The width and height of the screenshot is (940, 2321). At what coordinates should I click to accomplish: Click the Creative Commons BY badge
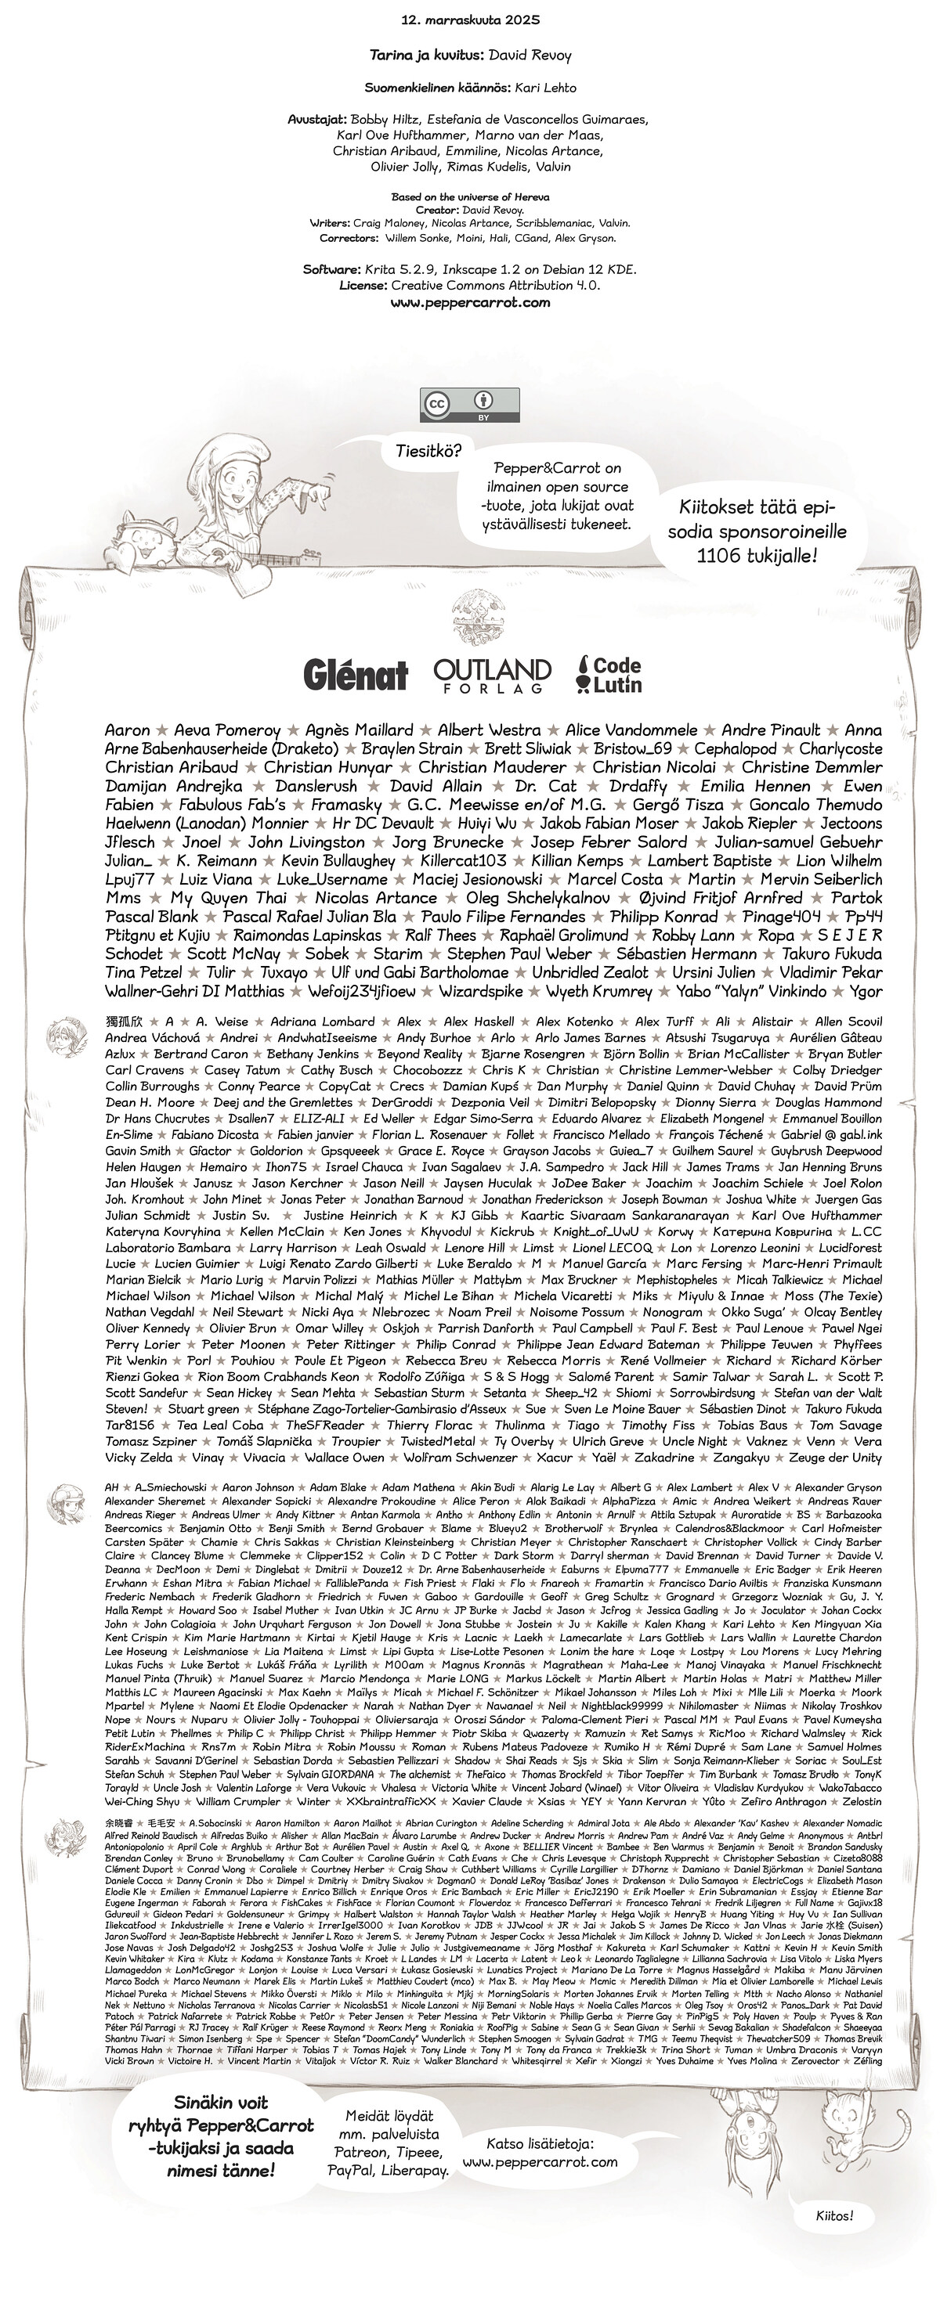click(x=469, y=405)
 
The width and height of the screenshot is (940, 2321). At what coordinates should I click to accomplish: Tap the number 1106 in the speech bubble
click(x=719, y=556)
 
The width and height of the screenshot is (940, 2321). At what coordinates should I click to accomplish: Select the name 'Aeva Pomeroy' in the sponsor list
click(x=227, y=730)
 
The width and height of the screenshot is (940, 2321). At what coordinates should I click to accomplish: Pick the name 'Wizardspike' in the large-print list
click(x=480, y=991)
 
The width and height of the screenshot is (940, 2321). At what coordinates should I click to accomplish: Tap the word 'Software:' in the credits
click(x=331, y=269)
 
